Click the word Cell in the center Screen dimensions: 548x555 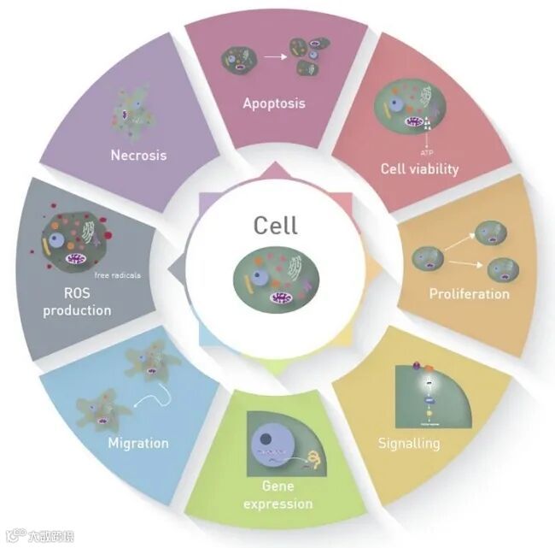point(275,225)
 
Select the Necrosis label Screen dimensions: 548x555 point(137,156)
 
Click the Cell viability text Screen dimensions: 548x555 point(419,168)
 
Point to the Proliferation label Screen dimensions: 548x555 point(469,293)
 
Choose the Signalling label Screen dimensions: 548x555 point(409,444)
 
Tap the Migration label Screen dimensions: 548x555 point(137,443)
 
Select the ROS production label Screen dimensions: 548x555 point(77,302)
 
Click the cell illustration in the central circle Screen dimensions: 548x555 point(276,275)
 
